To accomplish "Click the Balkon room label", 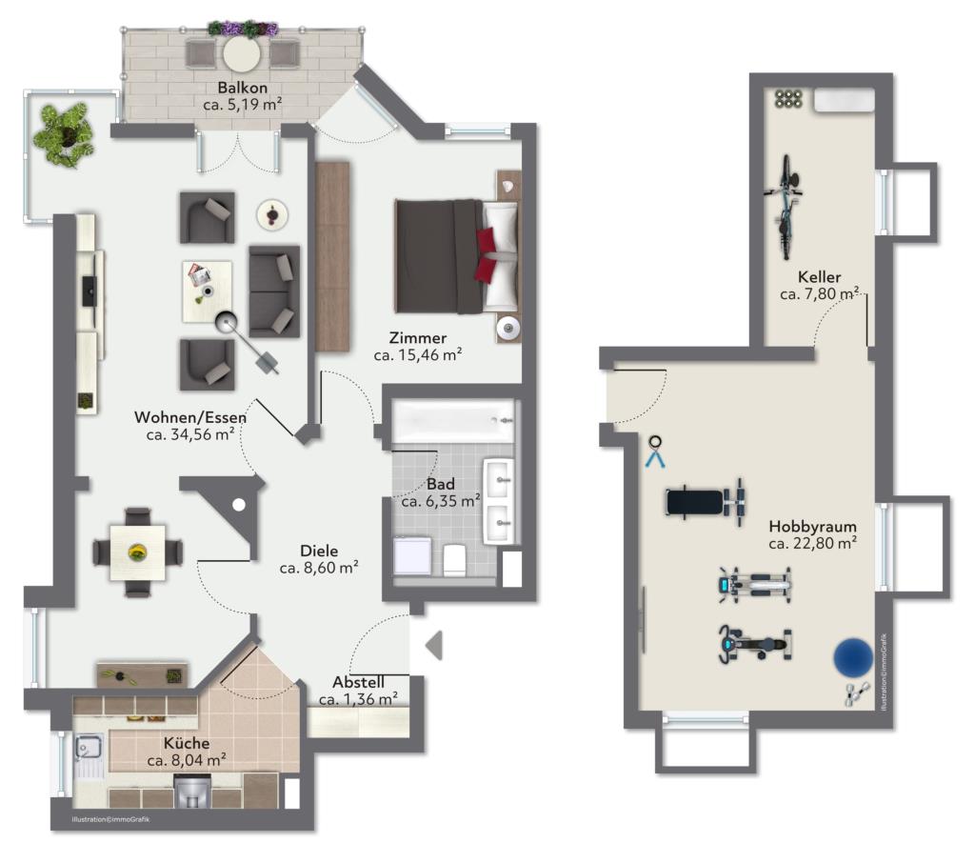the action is tap(243, 89).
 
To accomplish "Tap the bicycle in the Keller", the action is tap(785, 207).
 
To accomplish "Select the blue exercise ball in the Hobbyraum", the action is tap(854, 657).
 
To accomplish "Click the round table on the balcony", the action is tap(242, 54).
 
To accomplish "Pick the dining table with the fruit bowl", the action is tap(137, 552).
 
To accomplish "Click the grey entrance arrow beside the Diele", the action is tap(434, 645).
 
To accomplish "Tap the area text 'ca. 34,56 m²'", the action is tap(190, 434).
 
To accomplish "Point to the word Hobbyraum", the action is tap(812, 527).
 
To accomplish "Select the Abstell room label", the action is tap(358, 682).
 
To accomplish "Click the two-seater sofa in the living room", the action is tap(274, 291).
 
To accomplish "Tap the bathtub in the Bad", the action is tap(453, 421).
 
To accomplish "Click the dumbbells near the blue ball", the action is tap(856, 693).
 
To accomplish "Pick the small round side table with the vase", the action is tap(272, 215).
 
